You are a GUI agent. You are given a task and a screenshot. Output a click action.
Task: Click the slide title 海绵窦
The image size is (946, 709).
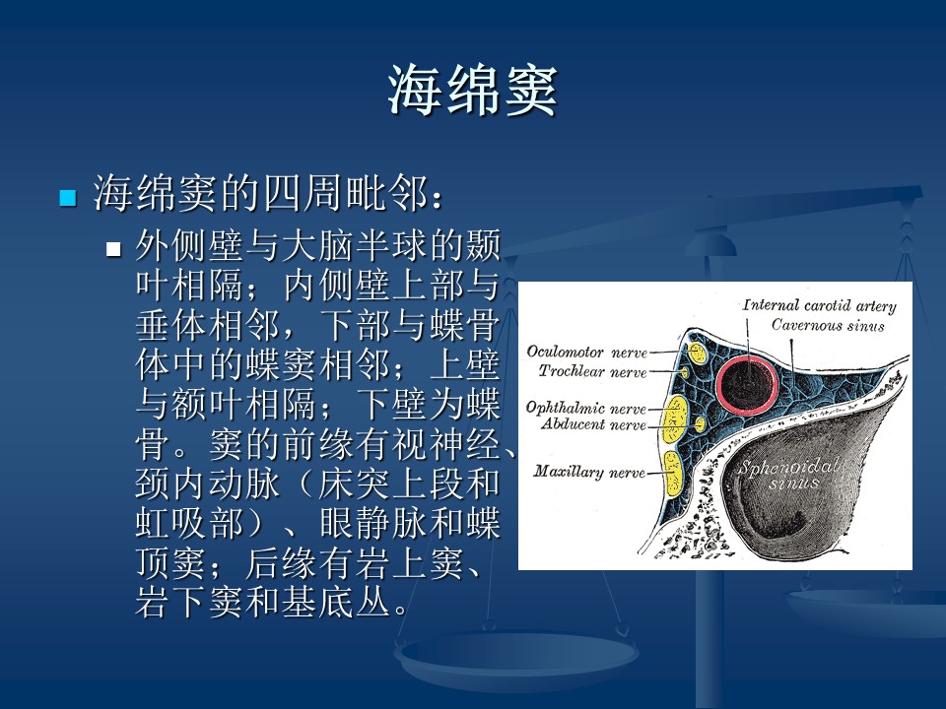tap(472, 91)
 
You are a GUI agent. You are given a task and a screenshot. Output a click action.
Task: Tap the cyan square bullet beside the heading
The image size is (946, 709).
tap(68, 198)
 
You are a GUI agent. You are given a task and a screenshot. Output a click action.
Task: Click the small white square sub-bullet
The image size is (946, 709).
tap(113, 249)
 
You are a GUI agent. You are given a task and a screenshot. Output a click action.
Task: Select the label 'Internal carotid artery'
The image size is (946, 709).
tap(819, 305)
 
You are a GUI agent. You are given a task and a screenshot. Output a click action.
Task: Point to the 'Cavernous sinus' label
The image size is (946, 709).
tap(828, 326)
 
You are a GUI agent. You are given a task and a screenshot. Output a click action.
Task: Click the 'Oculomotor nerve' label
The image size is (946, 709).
tap(586, 353)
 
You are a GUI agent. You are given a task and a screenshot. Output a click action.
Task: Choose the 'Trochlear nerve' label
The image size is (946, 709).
tap(592, 371)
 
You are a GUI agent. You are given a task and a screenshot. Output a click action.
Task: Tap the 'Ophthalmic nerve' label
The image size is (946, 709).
tap(585, 408)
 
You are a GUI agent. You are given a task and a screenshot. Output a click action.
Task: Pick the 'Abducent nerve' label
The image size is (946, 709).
tap(593, 424)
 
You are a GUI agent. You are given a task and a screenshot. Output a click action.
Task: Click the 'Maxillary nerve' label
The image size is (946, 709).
tap(589, 472)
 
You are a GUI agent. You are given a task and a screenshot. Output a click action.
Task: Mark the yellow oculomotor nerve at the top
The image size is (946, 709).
tap(698, 353)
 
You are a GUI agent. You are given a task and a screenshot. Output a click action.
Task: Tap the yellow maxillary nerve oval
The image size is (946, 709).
tap(673, 473)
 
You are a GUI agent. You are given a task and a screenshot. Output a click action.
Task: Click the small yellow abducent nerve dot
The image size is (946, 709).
tap(700, 424)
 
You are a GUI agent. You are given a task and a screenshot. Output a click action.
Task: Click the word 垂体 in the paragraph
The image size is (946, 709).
tap(171, 325)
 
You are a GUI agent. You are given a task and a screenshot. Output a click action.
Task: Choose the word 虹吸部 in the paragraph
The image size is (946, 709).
tap(190, 523)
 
